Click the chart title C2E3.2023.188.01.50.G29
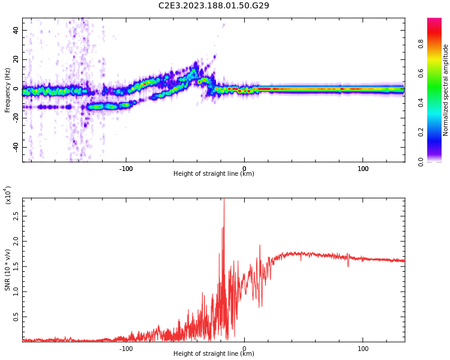coord(214,5)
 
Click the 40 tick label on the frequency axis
coord(16,30)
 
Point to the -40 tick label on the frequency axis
coord(15,147)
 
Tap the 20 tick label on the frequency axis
coord(16,59)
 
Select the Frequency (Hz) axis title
coord(8,90)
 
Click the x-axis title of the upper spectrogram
coord(214,173)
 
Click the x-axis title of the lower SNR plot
coord(214,353)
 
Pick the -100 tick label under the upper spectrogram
coord(126,169)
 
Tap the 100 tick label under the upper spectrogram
coord(362,169)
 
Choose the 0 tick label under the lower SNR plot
coord(244,349)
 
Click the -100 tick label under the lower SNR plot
coord(126,349)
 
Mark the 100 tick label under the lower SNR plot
coord(362,349)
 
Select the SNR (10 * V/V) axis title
coord(8,270)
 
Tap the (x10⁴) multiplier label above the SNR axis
coord(8,195)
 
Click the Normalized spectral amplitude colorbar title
coord(446,90)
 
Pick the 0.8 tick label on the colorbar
coord(437,44)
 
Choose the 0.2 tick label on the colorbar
coord(437,132)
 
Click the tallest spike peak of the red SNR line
coord(224,200)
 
